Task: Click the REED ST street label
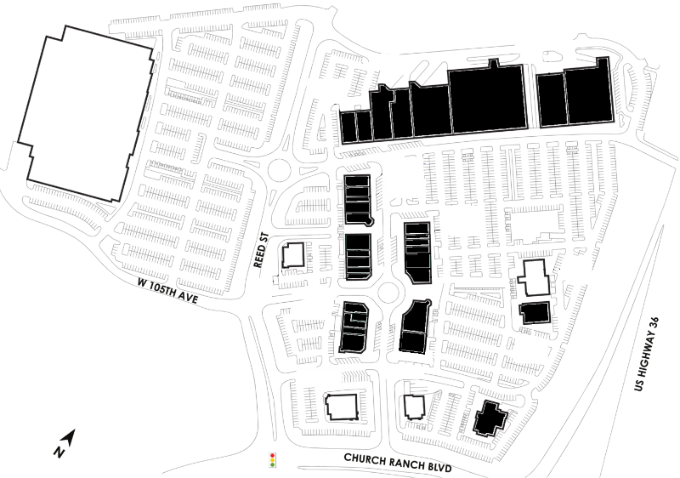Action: click(261, 250)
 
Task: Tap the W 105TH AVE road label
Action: click(167, 291)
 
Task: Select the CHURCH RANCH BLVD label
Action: click(398, 463)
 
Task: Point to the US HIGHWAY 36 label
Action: click(646, 354)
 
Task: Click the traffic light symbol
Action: click(272, 460)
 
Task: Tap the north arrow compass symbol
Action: click(70, 436)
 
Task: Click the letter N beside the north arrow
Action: click(59, 452)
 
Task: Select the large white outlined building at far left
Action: click(86, 114)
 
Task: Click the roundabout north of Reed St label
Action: click(279, 170)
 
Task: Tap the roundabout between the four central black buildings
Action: click(388, 293)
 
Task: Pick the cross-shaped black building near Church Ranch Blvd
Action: click(490, 418)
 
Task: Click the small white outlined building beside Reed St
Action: click(293, 255)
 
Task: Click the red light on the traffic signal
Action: click(272, 455)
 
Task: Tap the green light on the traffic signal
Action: click(272, 465)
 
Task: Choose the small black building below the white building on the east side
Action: click(535, 313)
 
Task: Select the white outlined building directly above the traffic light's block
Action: click(343, 407)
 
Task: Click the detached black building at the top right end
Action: click(575, 94)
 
